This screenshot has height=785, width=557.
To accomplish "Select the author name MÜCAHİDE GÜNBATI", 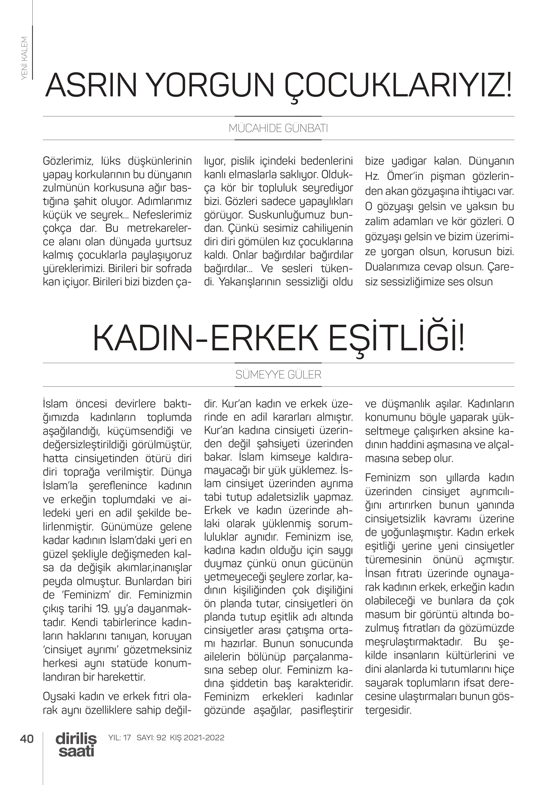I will pyautogui.click(x=278, y=128).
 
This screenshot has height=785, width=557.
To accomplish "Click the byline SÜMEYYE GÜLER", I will pyautogui.click(x=278, y=375).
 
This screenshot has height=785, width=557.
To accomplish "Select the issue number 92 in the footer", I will pyautogui.click(x=161, y=737).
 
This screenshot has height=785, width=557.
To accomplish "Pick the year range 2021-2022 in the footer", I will pyautogui.click(x=204, y=737).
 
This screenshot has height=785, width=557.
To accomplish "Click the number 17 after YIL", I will pyautogui.click(x=127, y=737).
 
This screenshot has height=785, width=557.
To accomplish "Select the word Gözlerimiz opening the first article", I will pyautogui.click(x=67, y=161).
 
